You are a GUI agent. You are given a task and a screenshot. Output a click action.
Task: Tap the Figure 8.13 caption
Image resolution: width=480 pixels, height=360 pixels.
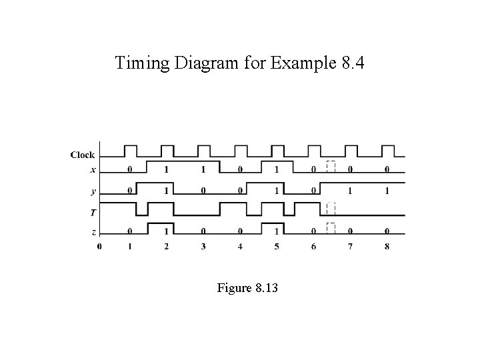(247, 288)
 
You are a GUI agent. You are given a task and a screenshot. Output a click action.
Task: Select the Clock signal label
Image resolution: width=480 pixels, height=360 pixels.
(83, 155)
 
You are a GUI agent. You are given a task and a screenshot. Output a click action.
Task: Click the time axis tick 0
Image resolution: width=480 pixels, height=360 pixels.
(99, 247)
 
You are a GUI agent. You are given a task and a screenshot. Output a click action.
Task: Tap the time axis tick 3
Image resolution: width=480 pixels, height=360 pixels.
(203, 247)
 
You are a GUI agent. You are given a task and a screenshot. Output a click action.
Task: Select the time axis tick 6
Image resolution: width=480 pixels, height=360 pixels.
(313, 247)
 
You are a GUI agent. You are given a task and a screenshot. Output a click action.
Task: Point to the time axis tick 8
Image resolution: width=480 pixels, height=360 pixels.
(387, 247)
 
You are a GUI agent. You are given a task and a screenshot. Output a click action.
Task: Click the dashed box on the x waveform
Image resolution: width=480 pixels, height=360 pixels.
(330, 167)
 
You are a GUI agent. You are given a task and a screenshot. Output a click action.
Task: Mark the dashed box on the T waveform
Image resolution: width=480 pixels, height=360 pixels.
(330, 209)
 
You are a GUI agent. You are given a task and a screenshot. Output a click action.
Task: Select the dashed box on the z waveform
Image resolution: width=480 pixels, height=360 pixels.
(330, 228)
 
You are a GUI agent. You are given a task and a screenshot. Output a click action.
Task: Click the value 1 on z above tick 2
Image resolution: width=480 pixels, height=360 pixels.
(167, 231)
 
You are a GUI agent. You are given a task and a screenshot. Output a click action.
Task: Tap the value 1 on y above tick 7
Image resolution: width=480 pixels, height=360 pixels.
(350, 191)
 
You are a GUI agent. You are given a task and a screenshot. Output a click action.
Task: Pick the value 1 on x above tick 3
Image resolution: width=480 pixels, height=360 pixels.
(203, 169)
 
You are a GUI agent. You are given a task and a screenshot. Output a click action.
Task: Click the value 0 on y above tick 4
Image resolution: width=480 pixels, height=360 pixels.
(240, 191)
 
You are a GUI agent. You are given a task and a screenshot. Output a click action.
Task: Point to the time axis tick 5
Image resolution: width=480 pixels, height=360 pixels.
(277, 247)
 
